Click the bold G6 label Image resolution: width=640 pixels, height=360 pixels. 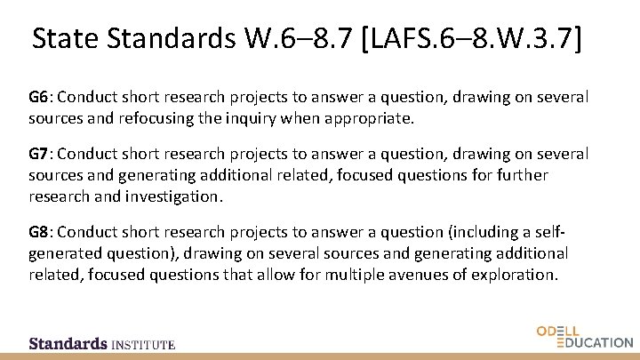[39, 96]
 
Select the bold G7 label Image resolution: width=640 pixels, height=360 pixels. [39, 154]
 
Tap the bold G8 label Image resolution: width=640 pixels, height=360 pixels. [39, 232]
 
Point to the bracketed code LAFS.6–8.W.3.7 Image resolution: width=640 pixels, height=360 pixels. [474, 39]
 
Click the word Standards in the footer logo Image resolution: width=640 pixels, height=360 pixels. [68, 343]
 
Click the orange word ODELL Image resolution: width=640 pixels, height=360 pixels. [558, 331]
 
